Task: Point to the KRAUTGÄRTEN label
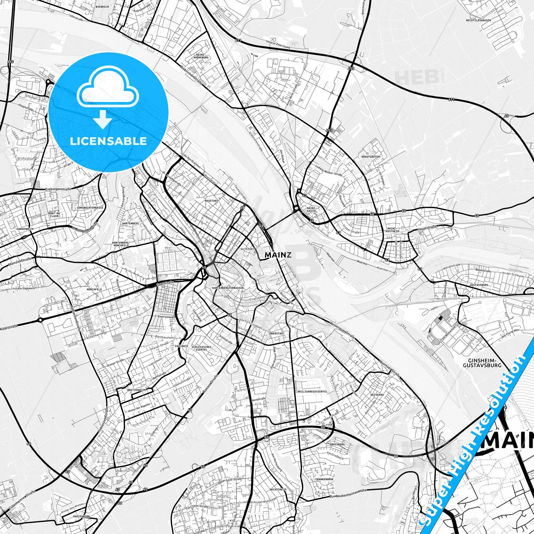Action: point(371,157)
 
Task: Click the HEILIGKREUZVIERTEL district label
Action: point(312,391)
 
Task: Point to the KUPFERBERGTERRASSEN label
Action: point(228,288)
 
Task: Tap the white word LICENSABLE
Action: point(108,141)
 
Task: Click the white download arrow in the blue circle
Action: point(103,119)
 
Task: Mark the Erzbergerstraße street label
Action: point(58,189)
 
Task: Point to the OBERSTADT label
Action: point(277,333)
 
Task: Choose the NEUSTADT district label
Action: point(212,201)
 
